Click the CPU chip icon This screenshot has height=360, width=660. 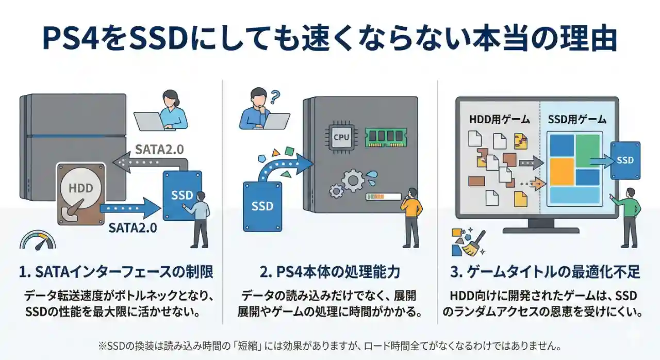point(341,137)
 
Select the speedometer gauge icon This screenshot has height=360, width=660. point(37,240)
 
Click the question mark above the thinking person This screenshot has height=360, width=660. point(275,95)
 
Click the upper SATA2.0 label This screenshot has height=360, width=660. point(159,150)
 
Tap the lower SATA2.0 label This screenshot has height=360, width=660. point(133,227)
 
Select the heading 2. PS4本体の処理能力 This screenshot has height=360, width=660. point(330,271)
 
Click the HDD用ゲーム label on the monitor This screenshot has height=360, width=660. point(499,120)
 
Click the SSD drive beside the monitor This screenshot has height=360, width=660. point(625,160)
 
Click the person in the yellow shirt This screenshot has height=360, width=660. point(411,217)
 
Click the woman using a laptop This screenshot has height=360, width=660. point(170,111)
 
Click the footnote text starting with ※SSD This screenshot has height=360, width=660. point(329,345)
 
